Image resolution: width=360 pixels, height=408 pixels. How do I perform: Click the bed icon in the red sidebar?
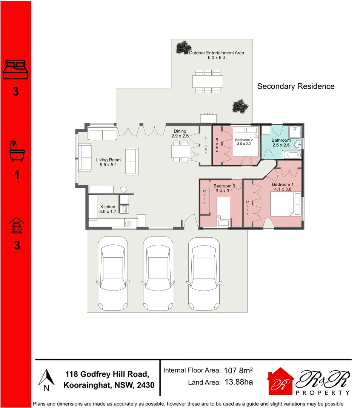click(15, 70)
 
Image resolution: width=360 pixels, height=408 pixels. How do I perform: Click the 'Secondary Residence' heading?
click(295, 87)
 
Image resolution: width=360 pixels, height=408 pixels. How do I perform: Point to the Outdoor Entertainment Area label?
click(216, 53)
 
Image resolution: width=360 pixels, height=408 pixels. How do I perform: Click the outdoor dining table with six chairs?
click(207, 81)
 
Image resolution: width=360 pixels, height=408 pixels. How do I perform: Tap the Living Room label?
click(108, 160)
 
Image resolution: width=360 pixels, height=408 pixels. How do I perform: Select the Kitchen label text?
click(108, 207)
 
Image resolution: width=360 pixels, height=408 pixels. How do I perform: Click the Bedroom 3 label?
click(224, 186)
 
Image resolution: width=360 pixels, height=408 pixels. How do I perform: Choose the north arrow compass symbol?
click(46, 379)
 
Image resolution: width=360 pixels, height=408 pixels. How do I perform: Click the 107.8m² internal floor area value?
click(238, 371)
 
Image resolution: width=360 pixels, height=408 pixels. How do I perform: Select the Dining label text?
click(180, 131)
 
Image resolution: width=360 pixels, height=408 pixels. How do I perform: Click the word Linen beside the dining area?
click(206, 145)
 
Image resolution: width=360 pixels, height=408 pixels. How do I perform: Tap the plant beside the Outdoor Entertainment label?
click(183, 47)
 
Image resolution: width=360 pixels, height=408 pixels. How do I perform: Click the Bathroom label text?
click(281, 140)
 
